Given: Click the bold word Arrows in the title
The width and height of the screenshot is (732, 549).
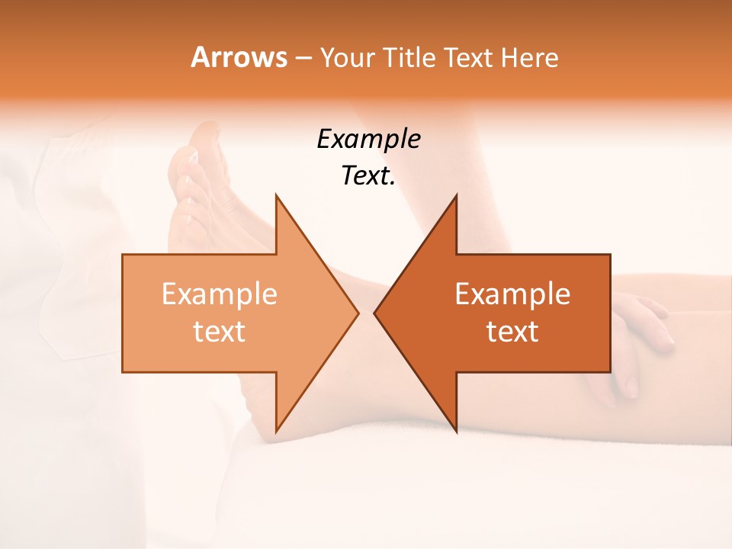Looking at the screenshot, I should [239, 57].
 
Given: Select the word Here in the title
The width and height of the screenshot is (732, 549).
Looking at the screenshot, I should [531, 57].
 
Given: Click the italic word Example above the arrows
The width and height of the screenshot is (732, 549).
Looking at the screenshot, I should [368, 140].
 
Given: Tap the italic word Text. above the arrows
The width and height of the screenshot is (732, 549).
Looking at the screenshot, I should [368, 176].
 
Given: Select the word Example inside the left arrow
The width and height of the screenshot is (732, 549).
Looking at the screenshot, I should [220, 294].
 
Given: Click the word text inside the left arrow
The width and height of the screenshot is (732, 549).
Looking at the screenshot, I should [220, 332].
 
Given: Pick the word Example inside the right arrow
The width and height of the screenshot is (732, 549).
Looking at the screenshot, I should [512, 294].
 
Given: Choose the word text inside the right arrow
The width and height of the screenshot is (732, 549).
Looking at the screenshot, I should [512, 332].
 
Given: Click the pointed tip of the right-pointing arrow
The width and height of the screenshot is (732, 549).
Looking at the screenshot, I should [358, 313].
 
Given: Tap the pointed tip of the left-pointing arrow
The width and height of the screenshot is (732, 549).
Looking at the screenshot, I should [374, 313].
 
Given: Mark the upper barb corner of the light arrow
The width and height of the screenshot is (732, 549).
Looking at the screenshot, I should [276, 195].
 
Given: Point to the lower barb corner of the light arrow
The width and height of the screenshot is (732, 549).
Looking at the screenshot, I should [276, 432].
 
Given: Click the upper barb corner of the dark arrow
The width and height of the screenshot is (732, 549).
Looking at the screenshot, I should [457, 195].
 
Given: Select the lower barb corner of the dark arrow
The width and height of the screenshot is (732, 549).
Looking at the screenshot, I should [457, 432].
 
